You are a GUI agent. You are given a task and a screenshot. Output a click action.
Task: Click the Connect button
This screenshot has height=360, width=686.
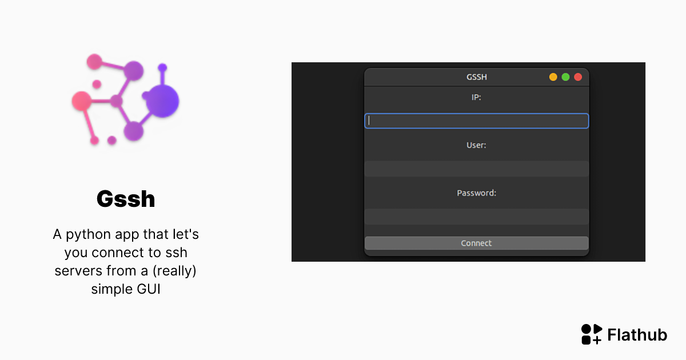[x=476, y=243]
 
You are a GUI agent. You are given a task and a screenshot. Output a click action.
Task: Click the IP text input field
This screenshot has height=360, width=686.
[x=476, y=121]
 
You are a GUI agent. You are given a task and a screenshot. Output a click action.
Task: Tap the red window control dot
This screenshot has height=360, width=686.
[x=578, y=77]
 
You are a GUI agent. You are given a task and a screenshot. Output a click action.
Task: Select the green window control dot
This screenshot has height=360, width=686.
[x=565, y=77]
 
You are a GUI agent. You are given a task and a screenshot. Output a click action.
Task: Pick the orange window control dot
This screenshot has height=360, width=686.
[x=553, y=77]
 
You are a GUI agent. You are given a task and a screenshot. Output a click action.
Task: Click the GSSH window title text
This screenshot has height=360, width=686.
[x=476, y=77]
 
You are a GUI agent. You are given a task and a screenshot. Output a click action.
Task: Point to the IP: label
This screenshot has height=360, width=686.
[x=476, y=97]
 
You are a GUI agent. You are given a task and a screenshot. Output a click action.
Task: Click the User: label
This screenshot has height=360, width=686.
[x=476, y=145]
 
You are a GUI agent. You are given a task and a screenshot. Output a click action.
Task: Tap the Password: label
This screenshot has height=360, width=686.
[x=476, y=193]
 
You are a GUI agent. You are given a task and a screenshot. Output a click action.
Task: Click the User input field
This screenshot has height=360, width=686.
[x=476, y=169]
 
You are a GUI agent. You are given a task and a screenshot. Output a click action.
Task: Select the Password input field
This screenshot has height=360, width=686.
[x=476, y=217]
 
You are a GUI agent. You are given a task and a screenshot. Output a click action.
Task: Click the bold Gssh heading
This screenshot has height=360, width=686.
[x=126, y=199]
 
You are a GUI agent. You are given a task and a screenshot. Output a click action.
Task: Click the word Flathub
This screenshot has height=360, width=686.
[x=637, y=335]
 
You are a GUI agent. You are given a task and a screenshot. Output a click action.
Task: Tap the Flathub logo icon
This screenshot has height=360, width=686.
[x=592, y=334]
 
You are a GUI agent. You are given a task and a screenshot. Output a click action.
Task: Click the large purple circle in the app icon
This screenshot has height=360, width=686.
[x=162, y=102]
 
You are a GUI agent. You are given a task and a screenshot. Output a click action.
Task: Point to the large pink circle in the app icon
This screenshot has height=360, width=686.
[x=81, y=101]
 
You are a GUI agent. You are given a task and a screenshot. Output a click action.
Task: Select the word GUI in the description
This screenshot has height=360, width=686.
[x=148, y=289]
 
